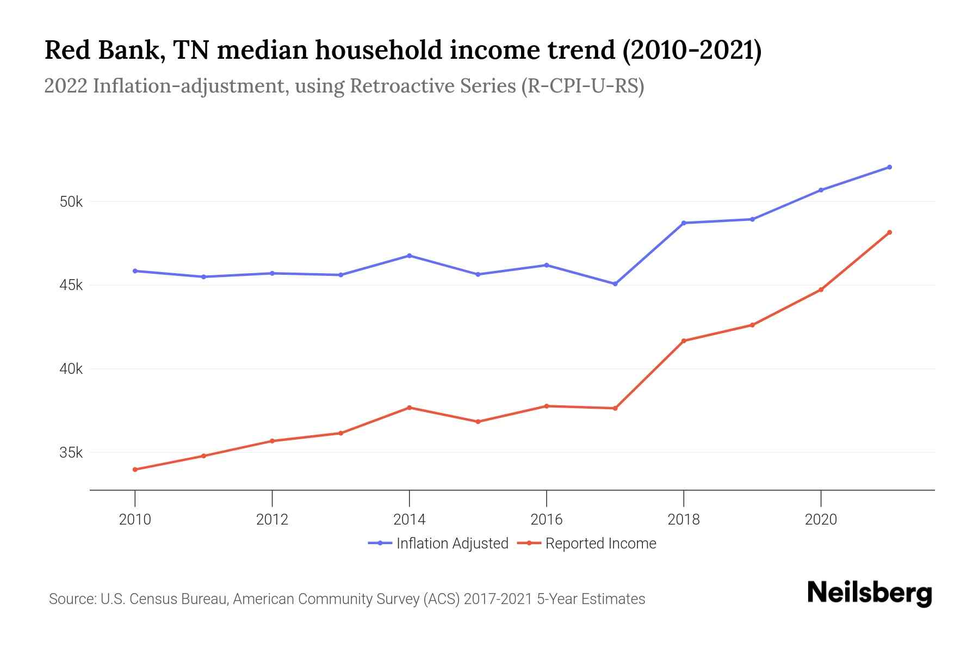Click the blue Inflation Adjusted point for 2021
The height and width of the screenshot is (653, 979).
coord(889,167)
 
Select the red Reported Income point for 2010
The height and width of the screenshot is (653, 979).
coord(135,470)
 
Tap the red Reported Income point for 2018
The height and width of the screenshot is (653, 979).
coord(684,341)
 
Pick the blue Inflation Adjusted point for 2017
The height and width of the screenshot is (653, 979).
coord(615,284)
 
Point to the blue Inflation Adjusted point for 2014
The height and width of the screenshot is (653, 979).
coord(410,256)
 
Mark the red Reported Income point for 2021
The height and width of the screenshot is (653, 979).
coord(889,232)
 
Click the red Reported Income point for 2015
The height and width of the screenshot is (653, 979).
coord(478,422)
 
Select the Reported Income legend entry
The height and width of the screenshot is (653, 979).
coord(587,543)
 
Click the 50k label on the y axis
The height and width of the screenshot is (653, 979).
coord(71,202)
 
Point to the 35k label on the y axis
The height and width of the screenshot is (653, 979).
coord(71,453)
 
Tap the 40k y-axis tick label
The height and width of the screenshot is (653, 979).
coord(71,369)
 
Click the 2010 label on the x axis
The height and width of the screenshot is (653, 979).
coord(135,520)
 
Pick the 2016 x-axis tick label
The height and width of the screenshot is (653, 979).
coord(547,520)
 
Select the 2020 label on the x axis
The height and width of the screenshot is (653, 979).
coord(821,520)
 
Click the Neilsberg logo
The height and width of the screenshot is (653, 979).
coord(869,593)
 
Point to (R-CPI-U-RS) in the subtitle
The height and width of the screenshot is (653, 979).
coord(583,86)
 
